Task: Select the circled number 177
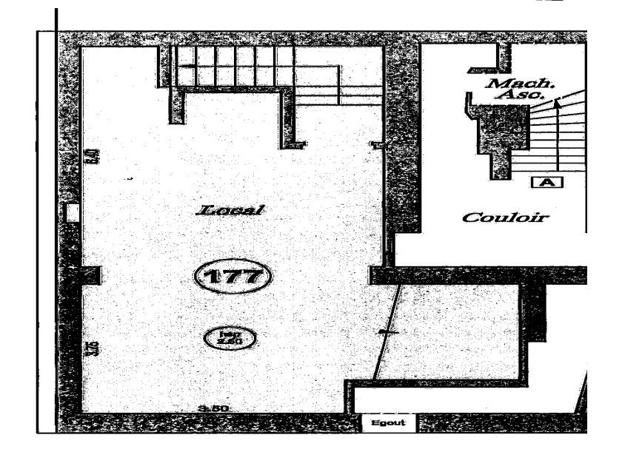(x=232, y=277)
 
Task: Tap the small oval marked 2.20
(x=229, y=337)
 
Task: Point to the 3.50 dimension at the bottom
(x=213, y=408)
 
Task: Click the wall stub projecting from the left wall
(x=89, y=276)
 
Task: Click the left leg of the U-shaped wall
(x=176, y=104)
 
